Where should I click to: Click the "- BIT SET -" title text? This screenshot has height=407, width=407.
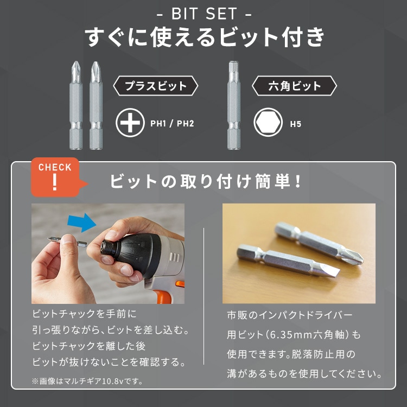[x=203, y=12]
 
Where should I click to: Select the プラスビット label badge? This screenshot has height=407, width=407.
[x=155, y=86]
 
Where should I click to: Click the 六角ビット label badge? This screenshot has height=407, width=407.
[x=295, y=86]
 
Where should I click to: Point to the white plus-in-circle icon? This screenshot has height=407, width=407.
[x=130, y=123]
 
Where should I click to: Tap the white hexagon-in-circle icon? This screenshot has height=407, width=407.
[x=268, y=123]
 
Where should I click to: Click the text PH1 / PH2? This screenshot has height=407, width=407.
[x=172, y=124]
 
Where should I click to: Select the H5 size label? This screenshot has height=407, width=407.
[x=295, y=124]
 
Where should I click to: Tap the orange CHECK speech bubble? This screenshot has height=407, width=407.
[x=55, y=175]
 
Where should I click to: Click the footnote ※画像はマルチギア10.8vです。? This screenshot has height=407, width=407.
[x=87, y=381]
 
